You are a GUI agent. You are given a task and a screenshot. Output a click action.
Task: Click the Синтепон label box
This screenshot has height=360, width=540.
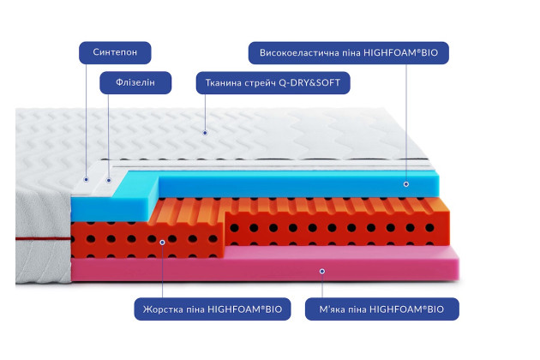pyautogui.click(x=115, y=52)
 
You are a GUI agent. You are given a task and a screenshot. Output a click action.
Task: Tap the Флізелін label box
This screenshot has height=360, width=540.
pyautogui.click(x=135, y=82)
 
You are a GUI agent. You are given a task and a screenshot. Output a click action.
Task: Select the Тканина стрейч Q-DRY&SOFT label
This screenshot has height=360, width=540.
pyautogui.click(x=273, y=82)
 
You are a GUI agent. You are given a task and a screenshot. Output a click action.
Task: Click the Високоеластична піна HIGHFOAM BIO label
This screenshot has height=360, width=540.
pyautogui.click(x=349, y=52)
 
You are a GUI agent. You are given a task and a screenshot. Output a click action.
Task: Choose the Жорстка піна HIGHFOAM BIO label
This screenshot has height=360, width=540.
pyautogui.click(x=213, y=309)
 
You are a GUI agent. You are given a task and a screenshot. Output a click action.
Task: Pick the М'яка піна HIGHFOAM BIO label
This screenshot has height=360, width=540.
pyautogui.click(x=382, y=309)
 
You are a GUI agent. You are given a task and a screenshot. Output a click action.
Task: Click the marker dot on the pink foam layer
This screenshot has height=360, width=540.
pyautogui.click(x=322, y=271)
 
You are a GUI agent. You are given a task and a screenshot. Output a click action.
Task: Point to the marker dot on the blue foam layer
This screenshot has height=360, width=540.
pyautogui.click(x=406, y=184)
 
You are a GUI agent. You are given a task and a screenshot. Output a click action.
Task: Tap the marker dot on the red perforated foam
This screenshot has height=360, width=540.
pyautogui.click(x=162, y=243)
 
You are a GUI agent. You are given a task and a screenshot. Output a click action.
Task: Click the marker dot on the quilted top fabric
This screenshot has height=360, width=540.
pyautogui.click(x=205, y=133)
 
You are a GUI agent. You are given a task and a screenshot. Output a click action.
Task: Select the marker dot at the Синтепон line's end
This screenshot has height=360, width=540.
pyautogui.click(x=86, y=179)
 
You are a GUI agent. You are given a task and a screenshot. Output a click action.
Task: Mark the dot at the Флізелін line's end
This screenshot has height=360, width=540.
pyautogui.click(x=109, y=180)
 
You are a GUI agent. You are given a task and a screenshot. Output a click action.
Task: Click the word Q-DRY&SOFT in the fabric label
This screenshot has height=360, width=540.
pyautogui.click(x=309, y=82)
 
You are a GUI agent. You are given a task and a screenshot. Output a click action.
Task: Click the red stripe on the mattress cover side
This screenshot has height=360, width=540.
pyautogui.click(x=43, y=238)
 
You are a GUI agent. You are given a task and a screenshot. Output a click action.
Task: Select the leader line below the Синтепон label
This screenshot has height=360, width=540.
pyautogui.click(x=86, y=121)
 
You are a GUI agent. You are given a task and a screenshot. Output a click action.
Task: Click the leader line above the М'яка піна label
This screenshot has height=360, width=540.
pyautogui.click(x=322, y=285)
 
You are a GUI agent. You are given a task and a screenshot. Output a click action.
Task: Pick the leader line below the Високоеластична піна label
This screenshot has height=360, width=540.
pyautogui.click(x=406, y=123)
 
